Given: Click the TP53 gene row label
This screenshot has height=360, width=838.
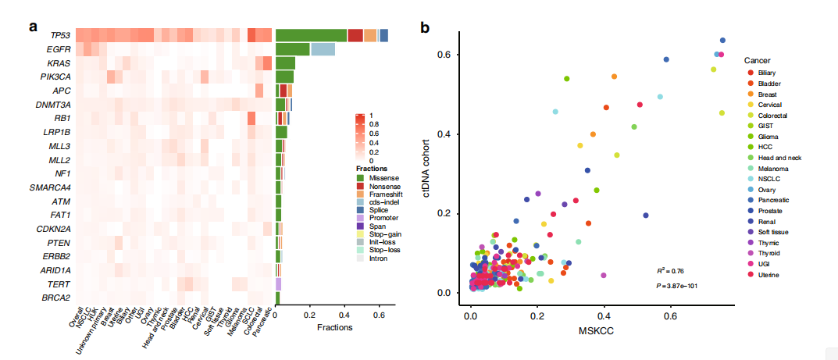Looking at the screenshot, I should pyautogui.click(x=59, y=35).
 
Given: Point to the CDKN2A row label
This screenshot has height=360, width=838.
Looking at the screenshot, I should pyautogui.click(x=55, y=228).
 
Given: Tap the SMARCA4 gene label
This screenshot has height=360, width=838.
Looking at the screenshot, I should pyautogui.click(x=53, y=187).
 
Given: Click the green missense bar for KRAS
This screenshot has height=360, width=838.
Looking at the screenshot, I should pyautogui.click(x=285, y=63).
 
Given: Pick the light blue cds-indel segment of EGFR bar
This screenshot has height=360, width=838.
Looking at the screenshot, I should pyautogui.click(x=323, y=49).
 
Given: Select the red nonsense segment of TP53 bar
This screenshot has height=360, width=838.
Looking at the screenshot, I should pyautogui.click(x=355, y=35).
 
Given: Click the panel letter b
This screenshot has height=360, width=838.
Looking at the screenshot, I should pyautogui.click(x=425, y=27).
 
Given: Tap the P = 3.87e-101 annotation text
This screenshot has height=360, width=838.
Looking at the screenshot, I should pyautogui.click(x=676, y=285).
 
